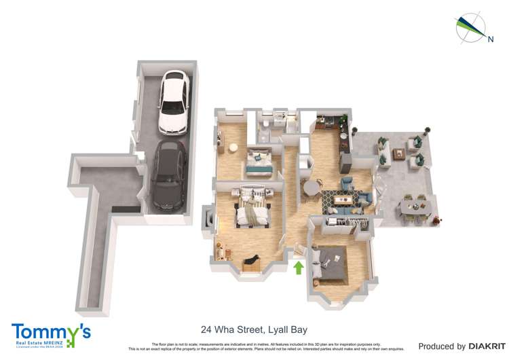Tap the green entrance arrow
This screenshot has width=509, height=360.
(297, 267)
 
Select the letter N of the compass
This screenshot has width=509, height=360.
(491, 39)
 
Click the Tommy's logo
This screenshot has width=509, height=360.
(51, 334)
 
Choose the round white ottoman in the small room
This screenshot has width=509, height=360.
(232, 147)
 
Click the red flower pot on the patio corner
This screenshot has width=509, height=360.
(436, 219)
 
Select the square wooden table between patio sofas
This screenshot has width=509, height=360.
(400, 153)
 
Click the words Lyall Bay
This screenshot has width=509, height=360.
(288, 330)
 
